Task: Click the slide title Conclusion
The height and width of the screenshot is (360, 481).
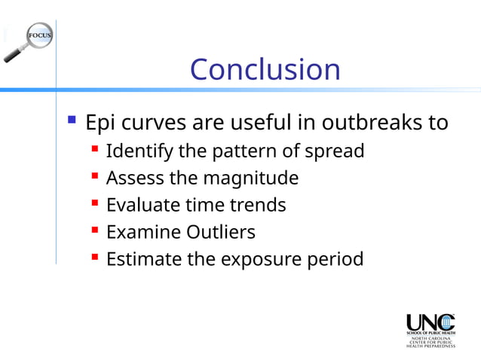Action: (265, 69)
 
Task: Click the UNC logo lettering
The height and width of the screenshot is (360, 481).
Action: (430, 322)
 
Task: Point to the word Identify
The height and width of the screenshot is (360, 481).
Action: (140, 151)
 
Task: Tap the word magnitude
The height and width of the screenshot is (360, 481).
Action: (255, 178)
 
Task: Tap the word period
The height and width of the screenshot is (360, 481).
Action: (335, 259)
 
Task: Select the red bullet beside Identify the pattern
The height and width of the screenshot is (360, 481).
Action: (94, 150)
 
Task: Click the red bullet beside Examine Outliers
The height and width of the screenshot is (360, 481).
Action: (94, 231)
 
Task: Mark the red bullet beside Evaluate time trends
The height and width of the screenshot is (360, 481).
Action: (94, 204)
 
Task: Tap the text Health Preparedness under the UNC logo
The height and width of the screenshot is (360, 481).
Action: (431, 346)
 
